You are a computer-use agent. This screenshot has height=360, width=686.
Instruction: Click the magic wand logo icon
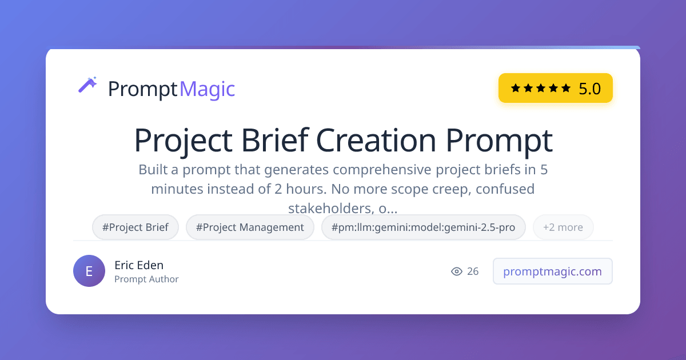[88, 85]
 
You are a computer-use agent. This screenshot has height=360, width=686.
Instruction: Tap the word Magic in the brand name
[207, 89]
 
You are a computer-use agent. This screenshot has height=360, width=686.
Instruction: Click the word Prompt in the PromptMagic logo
[143, 90]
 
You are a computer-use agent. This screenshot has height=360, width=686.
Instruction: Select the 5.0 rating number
[589, 89]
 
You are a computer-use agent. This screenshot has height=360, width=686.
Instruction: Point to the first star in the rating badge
[516, 88]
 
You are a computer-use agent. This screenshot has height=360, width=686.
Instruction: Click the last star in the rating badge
[566, 88]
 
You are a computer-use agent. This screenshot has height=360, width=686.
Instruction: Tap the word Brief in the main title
[275, 140]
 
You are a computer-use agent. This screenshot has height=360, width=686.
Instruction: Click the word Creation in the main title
[376, 141]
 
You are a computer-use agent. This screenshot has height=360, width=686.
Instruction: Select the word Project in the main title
[184, 142]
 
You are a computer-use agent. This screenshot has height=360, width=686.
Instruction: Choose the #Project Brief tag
[135, 227]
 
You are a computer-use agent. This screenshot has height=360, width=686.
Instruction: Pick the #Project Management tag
[250, 227]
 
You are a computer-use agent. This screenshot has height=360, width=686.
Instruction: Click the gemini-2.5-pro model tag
[423, 227]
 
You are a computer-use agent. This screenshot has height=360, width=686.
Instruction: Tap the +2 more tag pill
[563, 227]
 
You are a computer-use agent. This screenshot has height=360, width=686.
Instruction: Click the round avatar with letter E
[89, 271]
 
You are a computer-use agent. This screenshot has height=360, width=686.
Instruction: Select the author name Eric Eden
[139, 265]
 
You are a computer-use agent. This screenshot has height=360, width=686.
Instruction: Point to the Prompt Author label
[146, 279]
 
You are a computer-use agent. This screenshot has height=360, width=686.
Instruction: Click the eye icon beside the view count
[457, 271]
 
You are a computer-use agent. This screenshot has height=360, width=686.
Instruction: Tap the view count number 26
[473, 271]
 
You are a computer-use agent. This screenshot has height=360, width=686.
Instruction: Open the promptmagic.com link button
[552, 271]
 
